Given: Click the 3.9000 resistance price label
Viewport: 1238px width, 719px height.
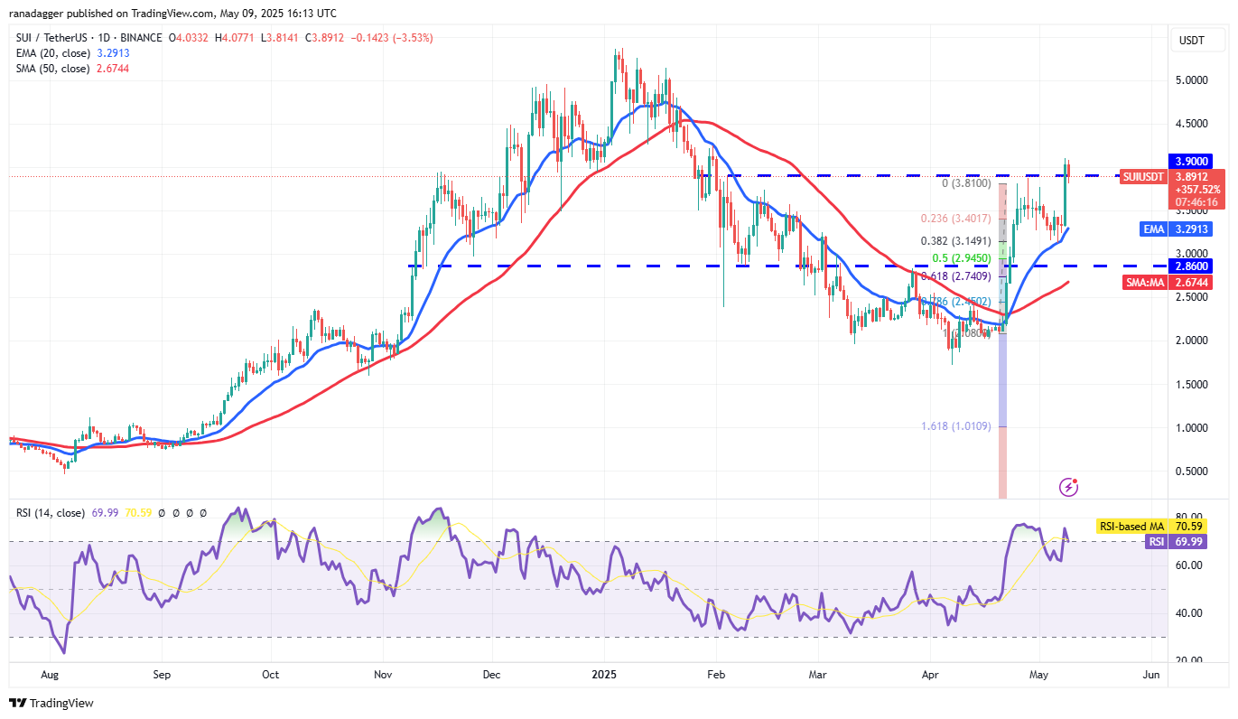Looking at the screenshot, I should click(x=1191, y=161).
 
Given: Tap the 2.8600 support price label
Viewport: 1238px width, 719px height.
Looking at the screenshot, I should click(x=1191, y=266).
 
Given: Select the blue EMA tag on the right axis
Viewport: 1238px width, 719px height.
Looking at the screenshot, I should click(x=1155, y=229).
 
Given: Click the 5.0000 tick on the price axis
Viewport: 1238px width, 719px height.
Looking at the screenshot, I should click(x=1191, y=80).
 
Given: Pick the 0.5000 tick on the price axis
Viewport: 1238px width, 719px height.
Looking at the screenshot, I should click(x=1191, y=472).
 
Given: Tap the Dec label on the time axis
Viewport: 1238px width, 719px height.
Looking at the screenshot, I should click(x=493, y=674).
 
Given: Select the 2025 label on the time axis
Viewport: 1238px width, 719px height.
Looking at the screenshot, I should click(x=606, y=674).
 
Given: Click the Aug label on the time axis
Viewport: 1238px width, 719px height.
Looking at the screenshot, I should click(x=51, y=674).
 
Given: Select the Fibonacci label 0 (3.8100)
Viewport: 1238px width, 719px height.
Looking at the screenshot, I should click(x=966, y=182).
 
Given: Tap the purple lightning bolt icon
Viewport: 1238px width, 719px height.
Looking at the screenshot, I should click(x=1069, y=487).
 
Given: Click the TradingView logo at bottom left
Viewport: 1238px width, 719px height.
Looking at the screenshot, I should click(x=51, y=703).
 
